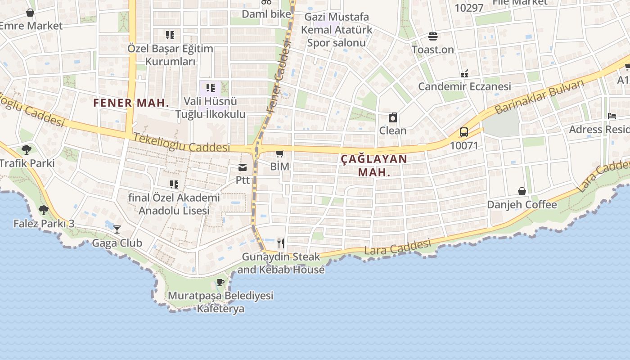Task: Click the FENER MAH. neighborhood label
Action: point(131,103)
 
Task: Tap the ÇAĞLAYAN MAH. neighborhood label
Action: point(373,165)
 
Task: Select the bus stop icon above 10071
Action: point(464,132)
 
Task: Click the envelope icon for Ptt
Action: point(243,167)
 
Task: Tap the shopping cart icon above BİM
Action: point(280,154)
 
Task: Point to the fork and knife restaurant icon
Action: point(281,243)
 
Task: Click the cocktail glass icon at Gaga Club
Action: point(117,229)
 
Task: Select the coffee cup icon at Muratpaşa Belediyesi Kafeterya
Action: point(220,283)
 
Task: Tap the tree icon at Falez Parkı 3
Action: point(44,210)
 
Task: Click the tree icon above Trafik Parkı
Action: point(27,149)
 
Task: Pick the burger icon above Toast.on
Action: point(433,36)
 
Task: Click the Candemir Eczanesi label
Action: point(464,86)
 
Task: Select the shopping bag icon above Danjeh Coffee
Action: point(522,191)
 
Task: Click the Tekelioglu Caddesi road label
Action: point(182,143)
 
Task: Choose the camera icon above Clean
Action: point(393,118)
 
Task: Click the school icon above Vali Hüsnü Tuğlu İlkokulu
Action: point(210,88)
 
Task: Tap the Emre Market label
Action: point(31,26)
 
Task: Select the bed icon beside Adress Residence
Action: point(612,116)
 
